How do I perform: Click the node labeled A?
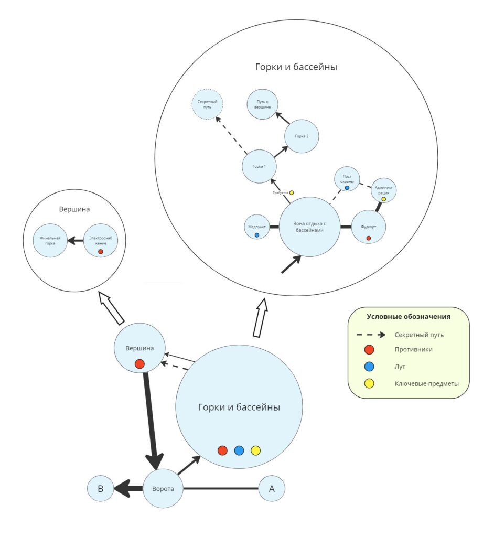point(272,489)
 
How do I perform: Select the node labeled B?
point(100,489)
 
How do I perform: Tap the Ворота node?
point(163,489)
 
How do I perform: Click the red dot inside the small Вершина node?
point(139,363)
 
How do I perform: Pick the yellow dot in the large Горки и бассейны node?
point(255,450)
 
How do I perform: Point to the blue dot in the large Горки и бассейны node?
point(239,450)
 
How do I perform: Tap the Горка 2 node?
point(302,136)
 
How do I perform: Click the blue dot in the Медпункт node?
point(257,235)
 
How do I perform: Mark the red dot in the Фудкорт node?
point(368,238)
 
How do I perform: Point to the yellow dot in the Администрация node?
point(383,199)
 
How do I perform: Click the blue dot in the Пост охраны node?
point(347,188)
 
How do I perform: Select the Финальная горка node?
point(50,241)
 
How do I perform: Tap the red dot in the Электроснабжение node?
point(100,252)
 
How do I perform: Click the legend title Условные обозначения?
point(409,317)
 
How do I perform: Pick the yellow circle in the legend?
point(369,383)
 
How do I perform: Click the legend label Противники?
point(413,349)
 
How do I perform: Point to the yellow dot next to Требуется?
point(292,193)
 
